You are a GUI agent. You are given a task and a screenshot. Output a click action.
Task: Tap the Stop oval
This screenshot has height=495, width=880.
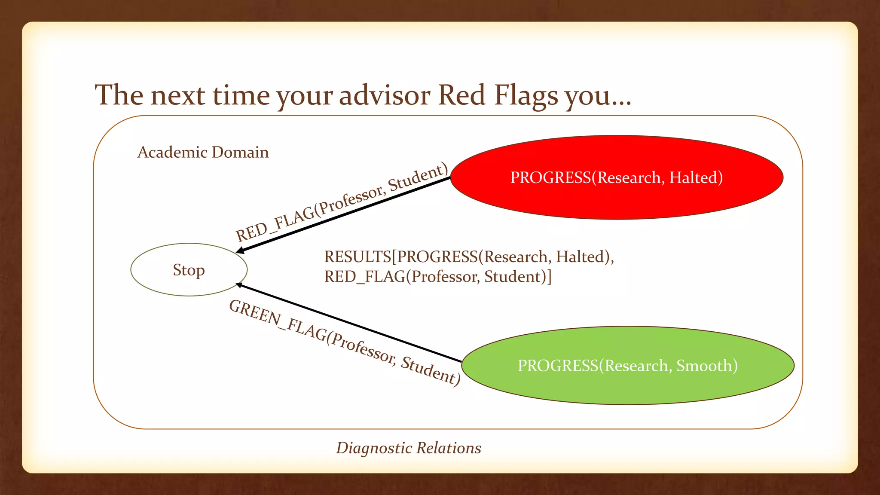189,270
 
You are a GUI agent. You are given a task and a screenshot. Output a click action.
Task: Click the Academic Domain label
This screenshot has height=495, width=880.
203,153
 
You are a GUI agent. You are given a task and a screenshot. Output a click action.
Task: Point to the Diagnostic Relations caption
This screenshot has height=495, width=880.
408,448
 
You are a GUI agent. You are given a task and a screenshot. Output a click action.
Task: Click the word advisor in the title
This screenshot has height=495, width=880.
385,95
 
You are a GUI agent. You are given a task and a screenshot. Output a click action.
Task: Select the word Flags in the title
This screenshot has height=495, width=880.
526,95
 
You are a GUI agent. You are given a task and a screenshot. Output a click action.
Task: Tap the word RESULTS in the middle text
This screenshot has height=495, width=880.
357,257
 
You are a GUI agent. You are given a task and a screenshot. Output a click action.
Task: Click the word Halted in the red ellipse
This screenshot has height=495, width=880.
696,177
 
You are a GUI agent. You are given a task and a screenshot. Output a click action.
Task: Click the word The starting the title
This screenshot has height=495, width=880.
119,95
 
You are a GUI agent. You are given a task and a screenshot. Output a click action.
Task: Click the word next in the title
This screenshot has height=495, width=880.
177,95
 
